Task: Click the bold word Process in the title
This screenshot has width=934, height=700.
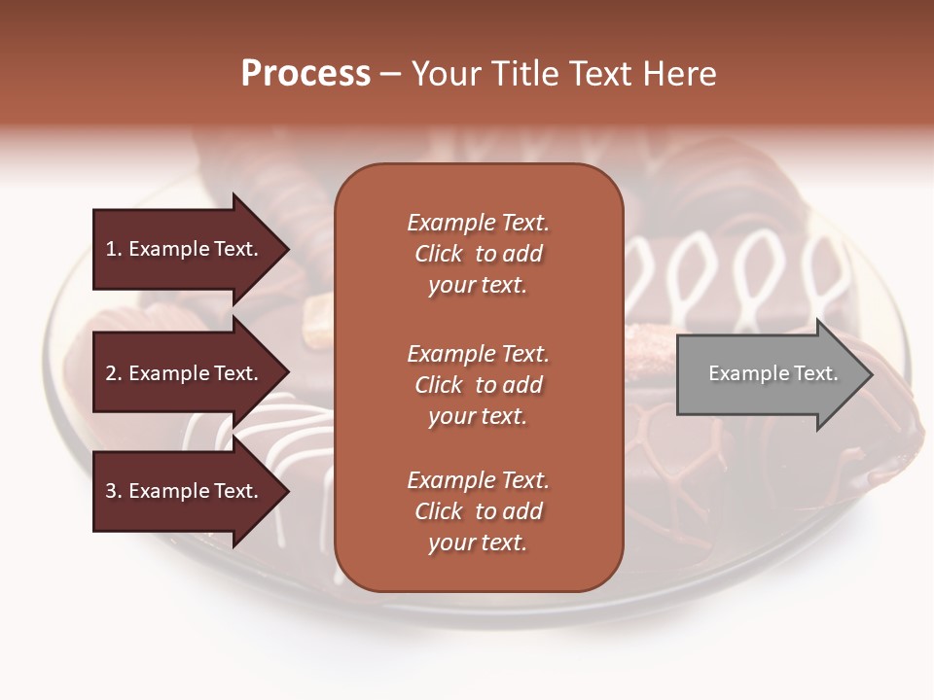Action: [305, 74]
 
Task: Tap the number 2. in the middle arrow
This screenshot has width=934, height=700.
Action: [114, 373]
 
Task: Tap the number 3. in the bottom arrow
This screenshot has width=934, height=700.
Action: [114, 491]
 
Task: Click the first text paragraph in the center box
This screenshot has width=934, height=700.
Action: [478, 254]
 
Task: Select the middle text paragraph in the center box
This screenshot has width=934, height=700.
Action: [478, 385]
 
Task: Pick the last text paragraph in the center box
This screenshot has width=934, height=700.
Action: [478, 511]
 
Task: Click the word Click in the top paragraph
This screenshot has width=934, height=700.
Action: [439, 254]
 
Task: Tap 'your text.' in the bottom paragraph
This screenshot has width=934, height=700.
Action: [478, 542]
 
